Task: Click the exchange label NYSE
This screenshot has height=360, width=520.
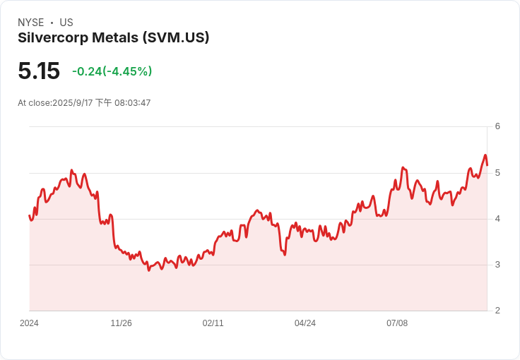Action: click(31, 23)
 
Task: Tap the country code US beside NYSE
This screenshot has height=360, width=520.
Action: click(66, 23)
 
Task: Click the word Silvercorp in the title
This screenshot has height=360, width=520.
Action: click(53, 37)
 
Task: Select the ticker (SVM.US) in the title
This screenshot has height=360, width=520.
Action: click(176, 37)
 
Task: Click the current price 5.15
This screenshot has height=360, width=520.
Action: click(39, 71)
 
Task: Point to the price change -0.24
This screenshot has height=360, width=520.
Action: click(87, 71)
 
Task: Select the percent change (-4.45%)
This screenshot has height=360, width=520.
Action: click(127, 71)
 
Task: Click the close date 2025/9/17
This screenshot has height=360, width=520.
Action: click(73, 103)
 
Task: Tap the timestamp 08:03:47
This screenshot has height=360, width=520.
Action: click(133, 103)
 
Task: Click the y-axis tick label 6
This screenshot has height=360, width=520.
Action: click(497, 126)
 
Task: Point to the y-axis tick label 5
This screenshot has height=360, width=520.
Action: click(497, 173)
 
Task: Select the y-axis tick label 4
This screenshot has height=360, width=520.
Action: click(497, 219)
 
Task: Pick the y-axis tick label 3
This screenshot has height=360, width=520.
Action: click(497, 265)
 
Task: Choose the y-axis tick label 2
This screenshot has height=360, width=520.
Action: click(497, 311)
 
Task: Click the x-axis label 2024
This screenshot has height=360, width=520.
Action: click(29, 323)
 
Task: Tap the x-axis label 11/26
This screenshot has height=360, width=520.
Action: click(121, 323)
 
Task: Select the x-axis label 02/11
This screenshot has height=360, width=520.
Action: click(213, 323)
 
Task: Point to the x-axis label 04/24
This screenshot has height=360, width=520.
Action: click(305, 323)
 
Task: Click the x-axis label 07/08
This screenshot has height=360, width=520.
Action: click(397, 323)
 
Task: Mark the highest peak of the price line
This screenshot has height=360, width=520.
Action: click(485, 155)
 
